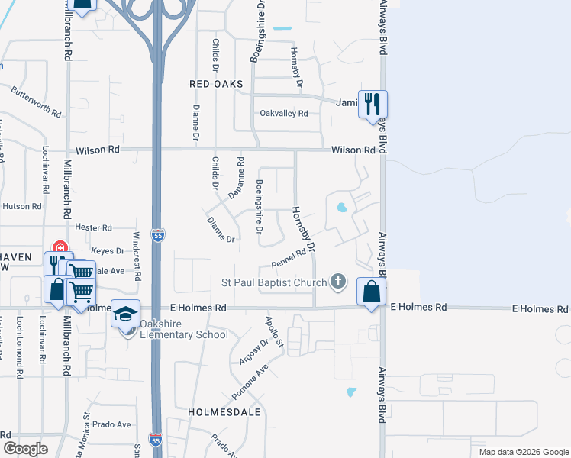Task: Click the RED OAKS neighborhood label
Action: tap(217, 83)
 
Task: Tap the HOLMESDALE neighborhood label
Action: tap(224, 411)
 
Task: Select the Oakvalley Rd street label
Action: tap(283, 113)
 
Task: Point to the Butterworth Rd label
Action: tap(36, 101)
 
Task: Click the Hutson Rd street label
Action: tap(21, 206)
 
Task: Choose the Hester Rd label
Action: tap(93, 227)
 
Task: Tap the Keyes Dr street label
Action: tap(108, 250)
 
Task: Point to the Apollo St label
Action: tap(274, 332)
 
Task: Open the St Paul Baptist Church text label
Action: tap(273, 283)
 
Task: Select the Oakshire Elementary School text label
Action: tap(183, 334)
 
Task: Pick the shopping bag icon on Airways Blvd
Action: tap(371, 291)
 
